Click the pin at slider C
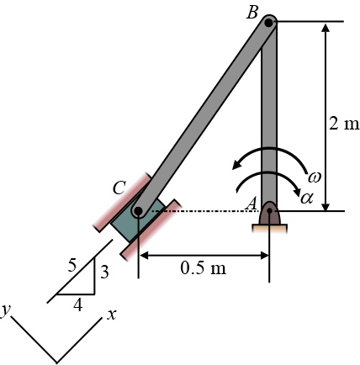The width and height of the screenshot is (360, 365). (x=138, y=211)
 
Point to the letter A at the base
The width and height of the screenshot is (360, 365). (x=251, y=203)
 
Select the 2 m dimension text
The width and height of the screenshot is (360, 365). (x=343, y=124)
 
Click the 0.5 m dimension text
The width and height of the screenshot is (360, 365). (x=204, y=269)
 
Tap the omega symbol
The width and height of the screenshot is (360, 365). (x=315, y=177)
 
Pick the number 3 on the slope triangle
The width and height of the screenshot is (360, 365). (x=104, y=272)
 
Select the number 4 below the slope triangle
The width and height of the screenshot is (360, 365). (x=77, y=305)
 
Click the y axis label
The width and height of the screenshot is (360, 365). (x=6, y=310)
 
